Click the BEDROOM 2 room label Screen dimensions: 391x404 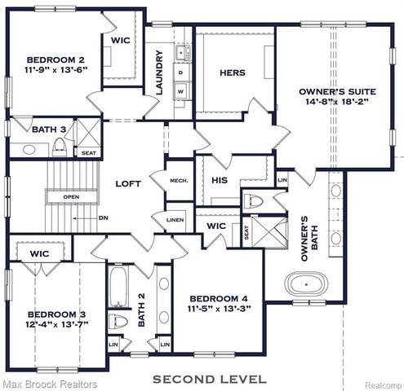(55, 59)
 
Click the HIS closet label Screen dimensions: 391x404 (220, 179)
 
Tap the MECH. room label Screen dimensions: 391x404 (179, 180)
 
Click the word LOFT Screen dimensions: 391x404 (127, 183)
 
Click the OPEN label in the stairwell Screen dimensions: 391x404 (71, 196)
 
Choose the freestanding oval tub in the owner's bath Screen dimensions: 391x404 (307, 285)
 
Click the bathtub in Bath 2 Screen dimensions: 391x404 (118, 288)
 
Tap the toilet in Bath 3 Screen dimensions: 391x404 (60, 147)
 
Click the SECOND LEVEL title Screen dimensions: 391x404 (210, 379)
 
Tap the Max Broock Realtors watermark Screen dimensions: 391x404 (49, 384)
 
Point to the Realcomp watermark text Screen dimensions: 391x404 (381, 384)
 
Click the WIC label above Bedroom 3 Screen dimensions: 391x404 (40, 254)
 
